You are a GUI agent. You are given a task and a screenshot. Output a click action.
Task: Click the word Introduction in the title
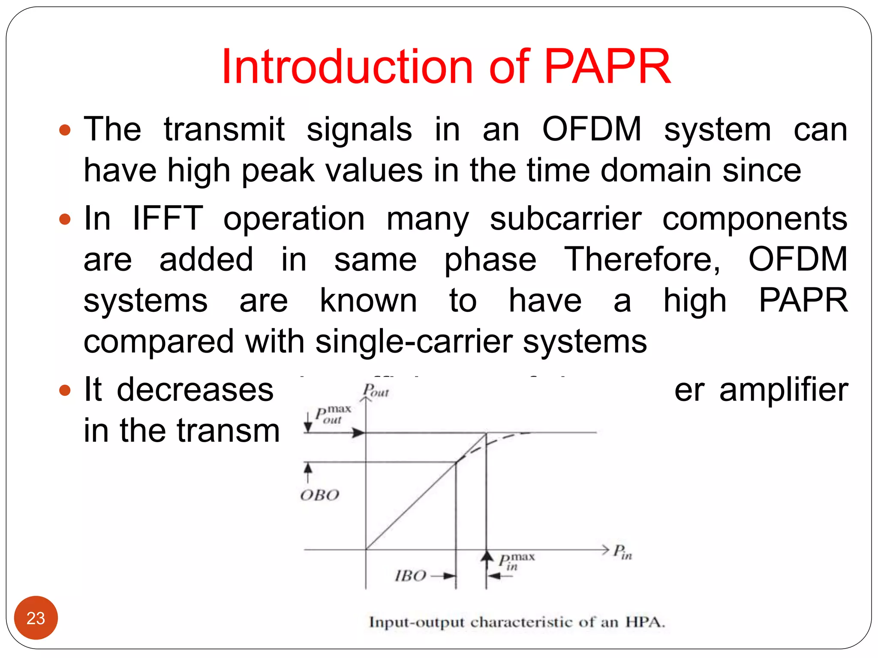tap(346, 67)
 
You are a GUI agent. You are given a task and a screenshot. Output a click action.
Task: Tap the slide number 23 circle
tap(36, 618)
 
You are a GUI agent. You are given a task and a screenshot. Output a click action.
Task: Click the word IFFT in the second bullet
tap(167, 218)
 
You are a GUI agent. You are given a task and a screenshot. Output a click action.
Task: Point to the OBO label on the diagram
tap(320, 496)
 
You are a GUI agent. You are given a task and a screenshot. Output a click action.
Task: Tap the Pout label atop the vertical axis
tap(376, 391)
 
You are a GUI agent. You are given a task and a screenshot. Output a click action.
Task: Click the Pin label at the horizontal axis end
tap(622, 552)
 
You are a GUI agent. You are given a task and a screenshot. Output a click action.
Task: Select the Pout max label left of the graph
tap(333, 415)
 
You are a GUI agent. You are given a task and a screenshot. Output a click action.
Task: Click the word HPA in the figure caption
tap(644, 622)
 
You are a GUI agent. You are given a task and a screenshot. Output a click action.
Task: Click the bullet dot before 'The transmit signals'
tap(64, 130)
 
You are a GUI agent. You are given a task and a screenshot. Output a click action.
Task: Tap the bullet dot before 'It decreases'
tap(64, 390)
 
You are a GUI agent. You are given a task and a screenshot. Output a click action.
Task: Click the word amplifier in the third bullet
tap(783, 390)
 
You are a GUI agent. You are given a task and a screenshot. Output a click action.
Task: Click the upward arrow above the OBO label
tap(308, 470)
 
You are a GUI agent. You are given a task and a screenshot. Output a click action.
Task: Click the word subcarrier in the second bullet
tap(565, 218)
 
